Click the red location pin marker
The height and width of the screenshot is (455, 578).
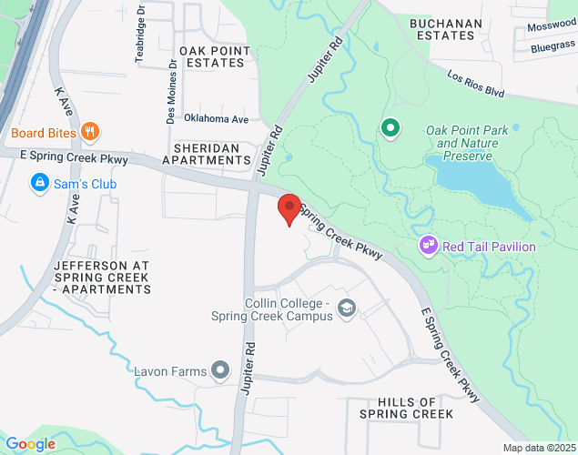pos(289,208)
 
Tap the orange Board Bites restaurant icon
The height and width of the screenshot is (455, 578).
pos(89,132)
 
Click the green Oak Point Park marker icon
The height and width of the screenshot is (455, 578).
pos(390,128)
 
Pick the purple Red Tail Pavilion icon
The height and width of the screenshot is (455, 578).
pos(428,246)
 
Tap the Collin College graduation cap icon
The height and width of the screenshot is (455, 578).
pos(346,309)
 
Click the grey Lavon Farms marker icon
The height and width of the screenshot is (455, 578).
pos(220,369)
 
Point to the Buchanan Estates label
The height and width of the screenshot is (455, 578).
pos(442,29)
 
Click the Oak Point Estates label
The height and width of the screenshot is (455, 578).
pos(212,56)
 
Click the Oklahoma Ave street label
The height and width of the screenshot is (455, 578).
pos(216,119)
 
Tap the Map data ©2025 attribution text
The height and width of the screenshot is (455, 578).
pos(539,448)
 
